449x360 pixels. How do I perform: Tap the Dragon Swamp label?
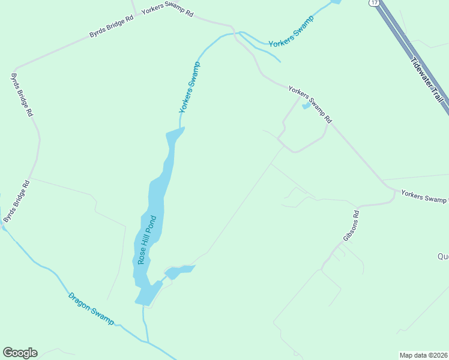click(x=91, y=308)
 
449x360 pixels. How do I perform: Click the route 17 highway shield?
click(x=374, y=3)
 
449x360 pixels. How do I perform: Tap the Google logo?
click(x=20, y=353)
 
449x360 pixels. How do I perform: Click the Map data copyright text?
click(x=424, y=355)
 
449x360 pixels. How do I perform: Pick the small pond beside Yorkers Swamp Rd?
click(x=306, y=106)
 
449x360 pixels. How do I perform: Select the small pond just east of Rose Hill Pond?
click(x=179, y=272)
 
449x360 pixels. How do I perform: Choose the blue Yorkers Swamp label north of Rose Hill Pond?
click(x=190, y=87)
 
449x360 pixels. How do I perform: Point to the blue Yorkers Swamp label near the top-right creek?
click(x=292, y=35)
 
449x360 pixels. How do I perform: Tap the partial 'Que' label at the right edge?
click(x=443, y=256)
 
